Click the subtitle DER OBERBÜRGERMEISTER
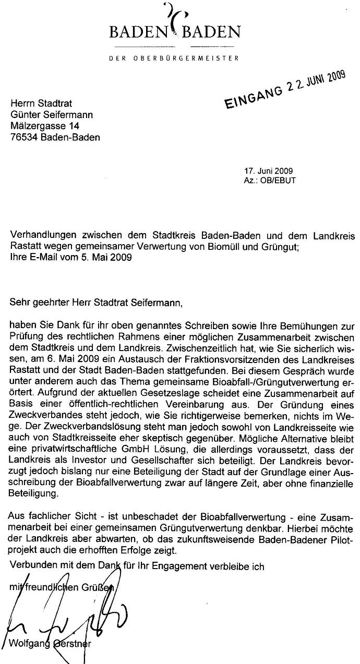point(174,58)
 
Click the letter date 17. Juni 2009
point(268,171)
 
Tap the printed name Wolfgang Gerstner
point(51,643)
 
